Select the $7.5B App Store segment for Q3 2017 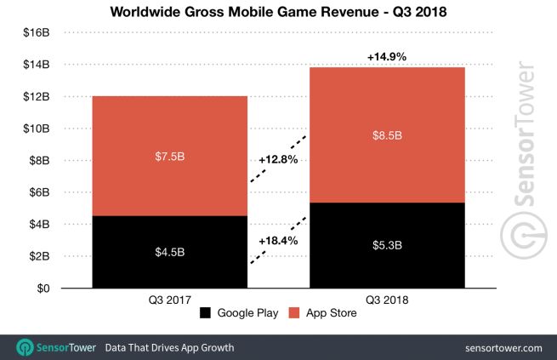click(169, 156)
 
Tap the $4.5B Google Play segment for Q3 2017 click(169, 252)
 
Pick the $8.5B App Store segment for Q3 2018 click(387, 134)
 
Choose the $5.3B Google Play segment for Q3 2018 click(387, 246)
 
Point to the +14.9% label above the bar click(387, 56)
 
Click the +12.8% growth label click(278, 158)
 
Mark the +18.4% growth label click(278, 242)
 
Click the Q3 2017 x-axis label click(169, 300)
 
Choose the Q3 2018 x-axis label click(387, 300)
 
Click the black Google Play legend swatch click(206, 314)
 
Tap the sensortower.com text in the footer click(504, 347)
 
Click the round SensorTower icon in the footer click(25, 347)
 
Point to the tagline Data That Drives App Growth click(169, 347)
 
